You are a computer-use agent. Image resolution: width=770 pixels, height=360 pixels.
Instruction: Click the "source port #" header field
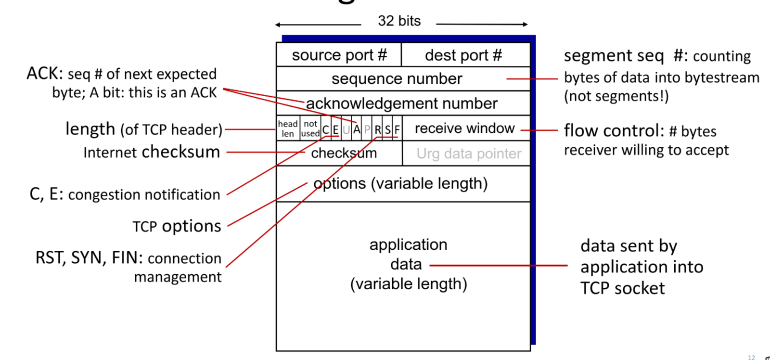(x=339, y=55)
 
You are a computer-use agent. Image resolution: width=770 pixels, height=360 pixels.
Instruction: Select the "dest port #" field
(x=463, y=55)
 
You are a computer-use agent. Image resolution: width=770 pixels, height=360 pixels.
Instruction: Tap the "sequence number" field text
(x=397, y=78)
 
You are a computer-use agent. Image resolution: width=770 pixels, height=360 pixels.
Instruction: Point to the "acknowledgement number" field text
(x=402, y=103)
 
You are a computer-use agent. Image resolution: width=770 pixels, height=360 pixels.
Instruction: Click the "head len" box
(x=288, y=129)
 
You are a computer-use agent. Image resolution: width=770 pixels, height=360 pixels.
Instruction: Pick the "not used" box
(x=310, y=129)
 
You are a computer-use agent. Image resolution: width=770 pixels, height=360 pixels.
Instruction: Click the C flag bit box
(x=326, y=129)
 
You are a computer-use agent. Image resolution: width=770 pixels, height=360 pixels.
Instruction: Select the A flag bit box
(x=357, y=129)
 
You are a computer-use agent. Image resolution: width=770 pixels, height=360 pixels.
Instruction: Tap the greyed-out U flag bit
(x=346, y=129)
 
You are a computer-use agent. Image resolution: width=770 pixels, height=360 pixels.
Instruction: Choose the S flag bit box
(x=388, y=129)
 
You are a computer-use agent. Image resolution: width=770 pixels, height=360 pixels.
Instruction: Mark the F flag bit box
(x=397, y=129)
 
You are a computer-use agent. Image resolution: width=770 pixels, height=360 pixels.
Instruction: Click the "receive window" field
(x=464, y=129)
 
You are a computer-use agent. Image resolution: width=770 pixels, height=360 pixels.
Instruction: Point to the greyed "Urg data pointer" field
(x=469, y=154)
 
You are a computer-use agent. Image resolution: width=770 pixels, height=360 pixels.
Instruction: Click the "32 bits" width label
(x=399, y=21)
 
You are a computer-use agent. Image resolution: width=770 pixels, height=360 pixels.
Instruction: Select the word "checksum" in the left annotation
(x=180, y=152)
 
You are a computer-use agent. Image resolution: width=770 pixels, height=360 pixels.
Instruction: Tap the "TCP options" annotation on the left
(x=177, y=226)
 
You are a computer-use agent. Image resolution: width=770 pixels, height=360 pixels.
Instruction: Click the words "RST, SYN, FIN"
(x=89, y=258)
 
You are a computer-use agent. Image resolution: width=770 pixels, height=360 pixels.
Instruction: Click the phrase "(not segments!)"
(x=616, y=96)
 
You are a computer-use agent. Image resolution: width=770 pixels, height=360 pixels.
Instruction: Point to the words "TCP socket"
(x=622, y=288)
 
